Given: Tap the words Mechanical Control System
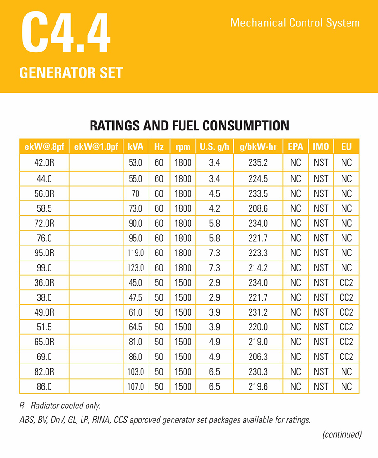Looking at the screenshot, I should coord(295,23).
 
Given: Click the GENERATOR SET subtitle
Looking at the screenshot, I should coord(71,73).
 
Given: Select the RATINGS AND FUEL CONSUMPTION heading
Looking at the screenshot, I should coord(189,125).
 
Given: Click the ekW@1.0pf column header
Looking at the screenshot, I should coord(96,147).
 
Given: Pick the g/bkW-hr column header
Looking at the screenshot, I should coord(258,147).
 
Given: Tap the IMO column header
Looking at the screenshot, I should coord(321,147).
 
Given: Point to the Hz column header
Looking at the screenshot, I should coord(158,147).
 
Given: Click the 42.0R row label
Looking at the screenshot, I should coord(44,163).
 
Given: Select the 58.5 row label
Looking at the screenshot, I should coord(44,208).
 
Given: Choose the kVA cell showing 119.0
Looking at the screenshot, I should coord(136,253).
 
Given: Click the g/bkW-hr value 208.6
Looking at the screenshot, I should coord(258,208).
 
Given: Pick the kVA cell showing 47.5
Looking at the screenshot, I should coord(136,298).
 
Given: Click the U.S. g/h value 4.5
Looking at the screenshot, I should coord(214,193).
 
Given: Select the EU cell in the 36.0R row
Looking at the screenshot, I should coord(346,283).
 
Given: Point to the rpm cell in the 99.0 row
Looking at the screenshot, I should coord(183,268).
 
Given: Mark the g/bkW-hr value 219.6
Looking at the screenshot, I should coord(258,387).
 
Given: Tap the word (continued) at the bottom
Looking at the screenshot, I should coord(342,434).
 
